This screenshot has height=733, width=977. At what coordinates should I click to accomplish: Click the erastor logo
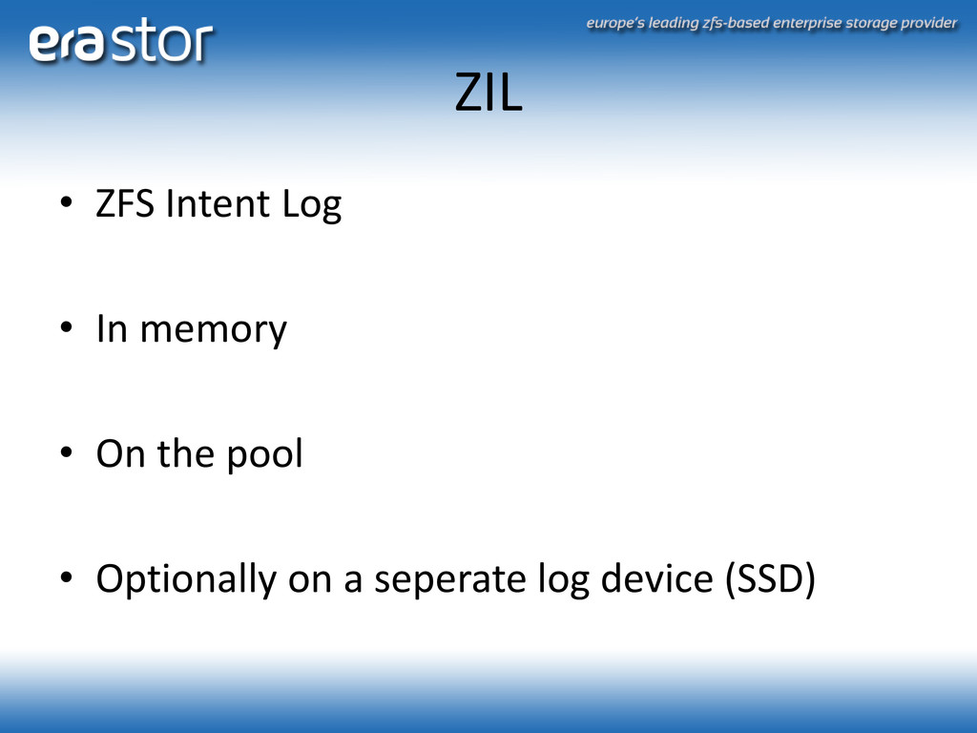[x=121, y=40]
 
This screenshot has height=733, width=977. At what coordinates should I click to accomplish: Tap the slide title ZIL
[x=488, y=93]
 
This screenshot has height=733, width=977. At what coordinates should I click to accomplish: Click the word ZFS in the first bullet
[x=125, y=203]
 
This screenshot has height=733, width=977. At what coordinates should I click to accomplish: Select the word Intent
[x=218, y=203]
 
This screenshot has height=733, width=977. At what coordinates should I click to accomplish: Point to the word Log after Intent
[x=312, y=205]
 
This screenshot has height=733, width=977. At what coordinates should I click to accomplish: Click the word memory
[x=213, y=330]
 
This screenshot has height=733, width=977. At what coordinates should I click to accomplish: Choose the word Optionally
[x=186, y=579]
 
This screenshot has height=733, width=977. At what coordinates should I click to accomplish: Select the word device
[x=656, y=578]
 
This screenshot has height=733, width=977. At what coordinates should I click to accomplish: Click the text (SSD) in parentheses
[x=770, y=579]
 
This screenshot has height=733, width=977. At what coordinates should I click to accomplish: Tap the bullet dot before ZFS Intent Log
[x=66, y=202]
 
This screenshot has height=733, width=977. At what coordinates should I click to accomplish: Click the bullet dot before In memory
[x=66, y=327]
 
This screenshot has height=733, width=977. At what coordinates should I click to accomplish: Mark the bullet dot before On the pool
[x=66, y=452]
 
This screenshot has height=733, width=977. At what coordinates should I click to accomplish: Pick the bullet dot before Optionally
[x=66, y=577]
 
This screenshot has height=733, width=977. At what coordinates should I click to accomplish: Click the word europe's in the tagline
[x=615, y=24]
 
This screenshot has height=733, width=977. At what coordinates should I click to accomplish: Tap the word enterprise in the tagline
[x=807, y=24]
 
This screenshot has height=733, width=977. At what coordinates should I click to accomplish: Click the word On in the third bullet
[x=120, y=453]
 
